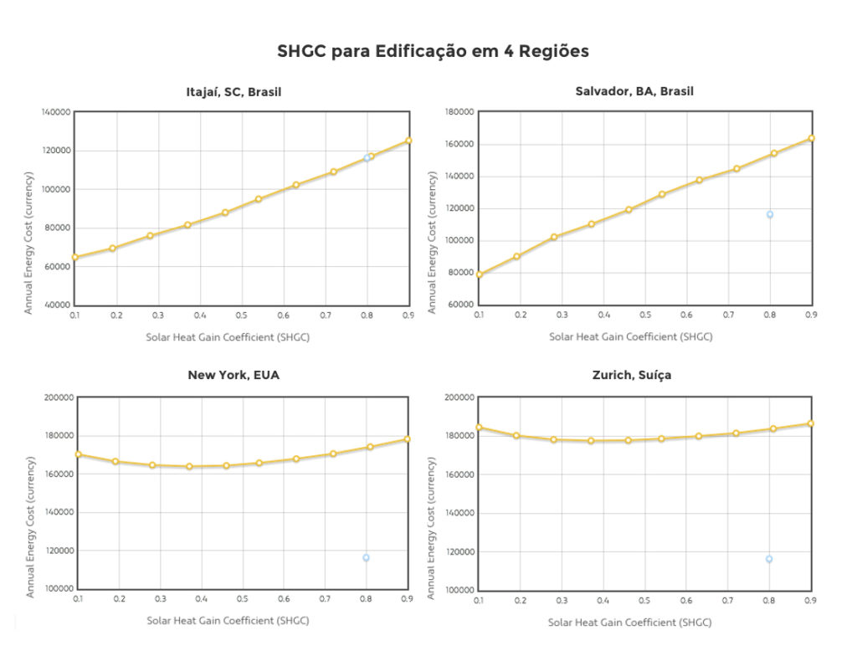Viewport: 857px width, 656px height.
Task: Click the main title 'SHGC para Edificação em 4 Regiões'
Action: coord(433,52)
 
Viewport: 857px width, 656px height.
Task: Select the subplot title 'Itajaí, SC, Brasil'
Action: coord(233,92)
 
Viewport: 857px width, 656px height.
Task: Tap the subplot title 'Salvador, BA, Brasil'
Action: coord(634,91)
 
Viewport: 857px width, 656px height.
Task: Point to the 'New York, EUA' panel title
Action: coord(233,375)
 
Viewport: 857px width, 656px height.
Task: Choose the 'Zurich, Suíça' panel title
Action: coord(631,375)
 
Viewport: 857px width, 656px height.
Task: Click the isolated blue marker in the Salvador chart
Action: coord(769,214)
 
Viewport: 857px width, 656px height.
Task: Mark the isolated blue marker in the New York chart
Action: coord(366,557)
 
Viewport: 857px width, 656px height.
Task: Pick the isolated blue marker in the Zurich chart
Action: coord(768,559)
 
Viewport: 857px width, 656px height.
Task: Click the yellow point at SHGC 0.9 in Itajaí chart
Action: coord(408,141)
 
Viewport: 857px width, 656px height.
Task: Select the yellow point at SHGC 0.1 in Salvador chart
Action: coord(480,274)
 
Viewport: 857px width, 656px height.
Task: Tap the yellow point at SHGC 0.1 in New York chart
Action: coord(78,454)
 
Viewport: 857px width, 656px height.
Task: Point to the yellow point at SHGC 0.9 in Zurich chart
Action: coord(811,423)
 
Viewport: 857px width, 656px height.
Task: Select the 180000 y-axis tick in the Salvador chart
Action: coord(459,112)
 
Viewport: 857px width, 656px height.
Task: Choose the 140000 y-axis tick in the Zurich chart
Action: coord(459,513)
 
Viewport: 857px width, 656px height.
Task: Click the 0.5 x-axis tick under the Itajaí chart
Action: coord(241,315)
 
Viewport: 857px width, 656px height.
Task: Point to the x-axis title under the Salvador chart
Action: coord(630,337)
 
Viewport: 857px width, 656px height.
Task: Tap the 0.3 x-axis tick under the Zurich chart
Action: coord(562,601)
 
